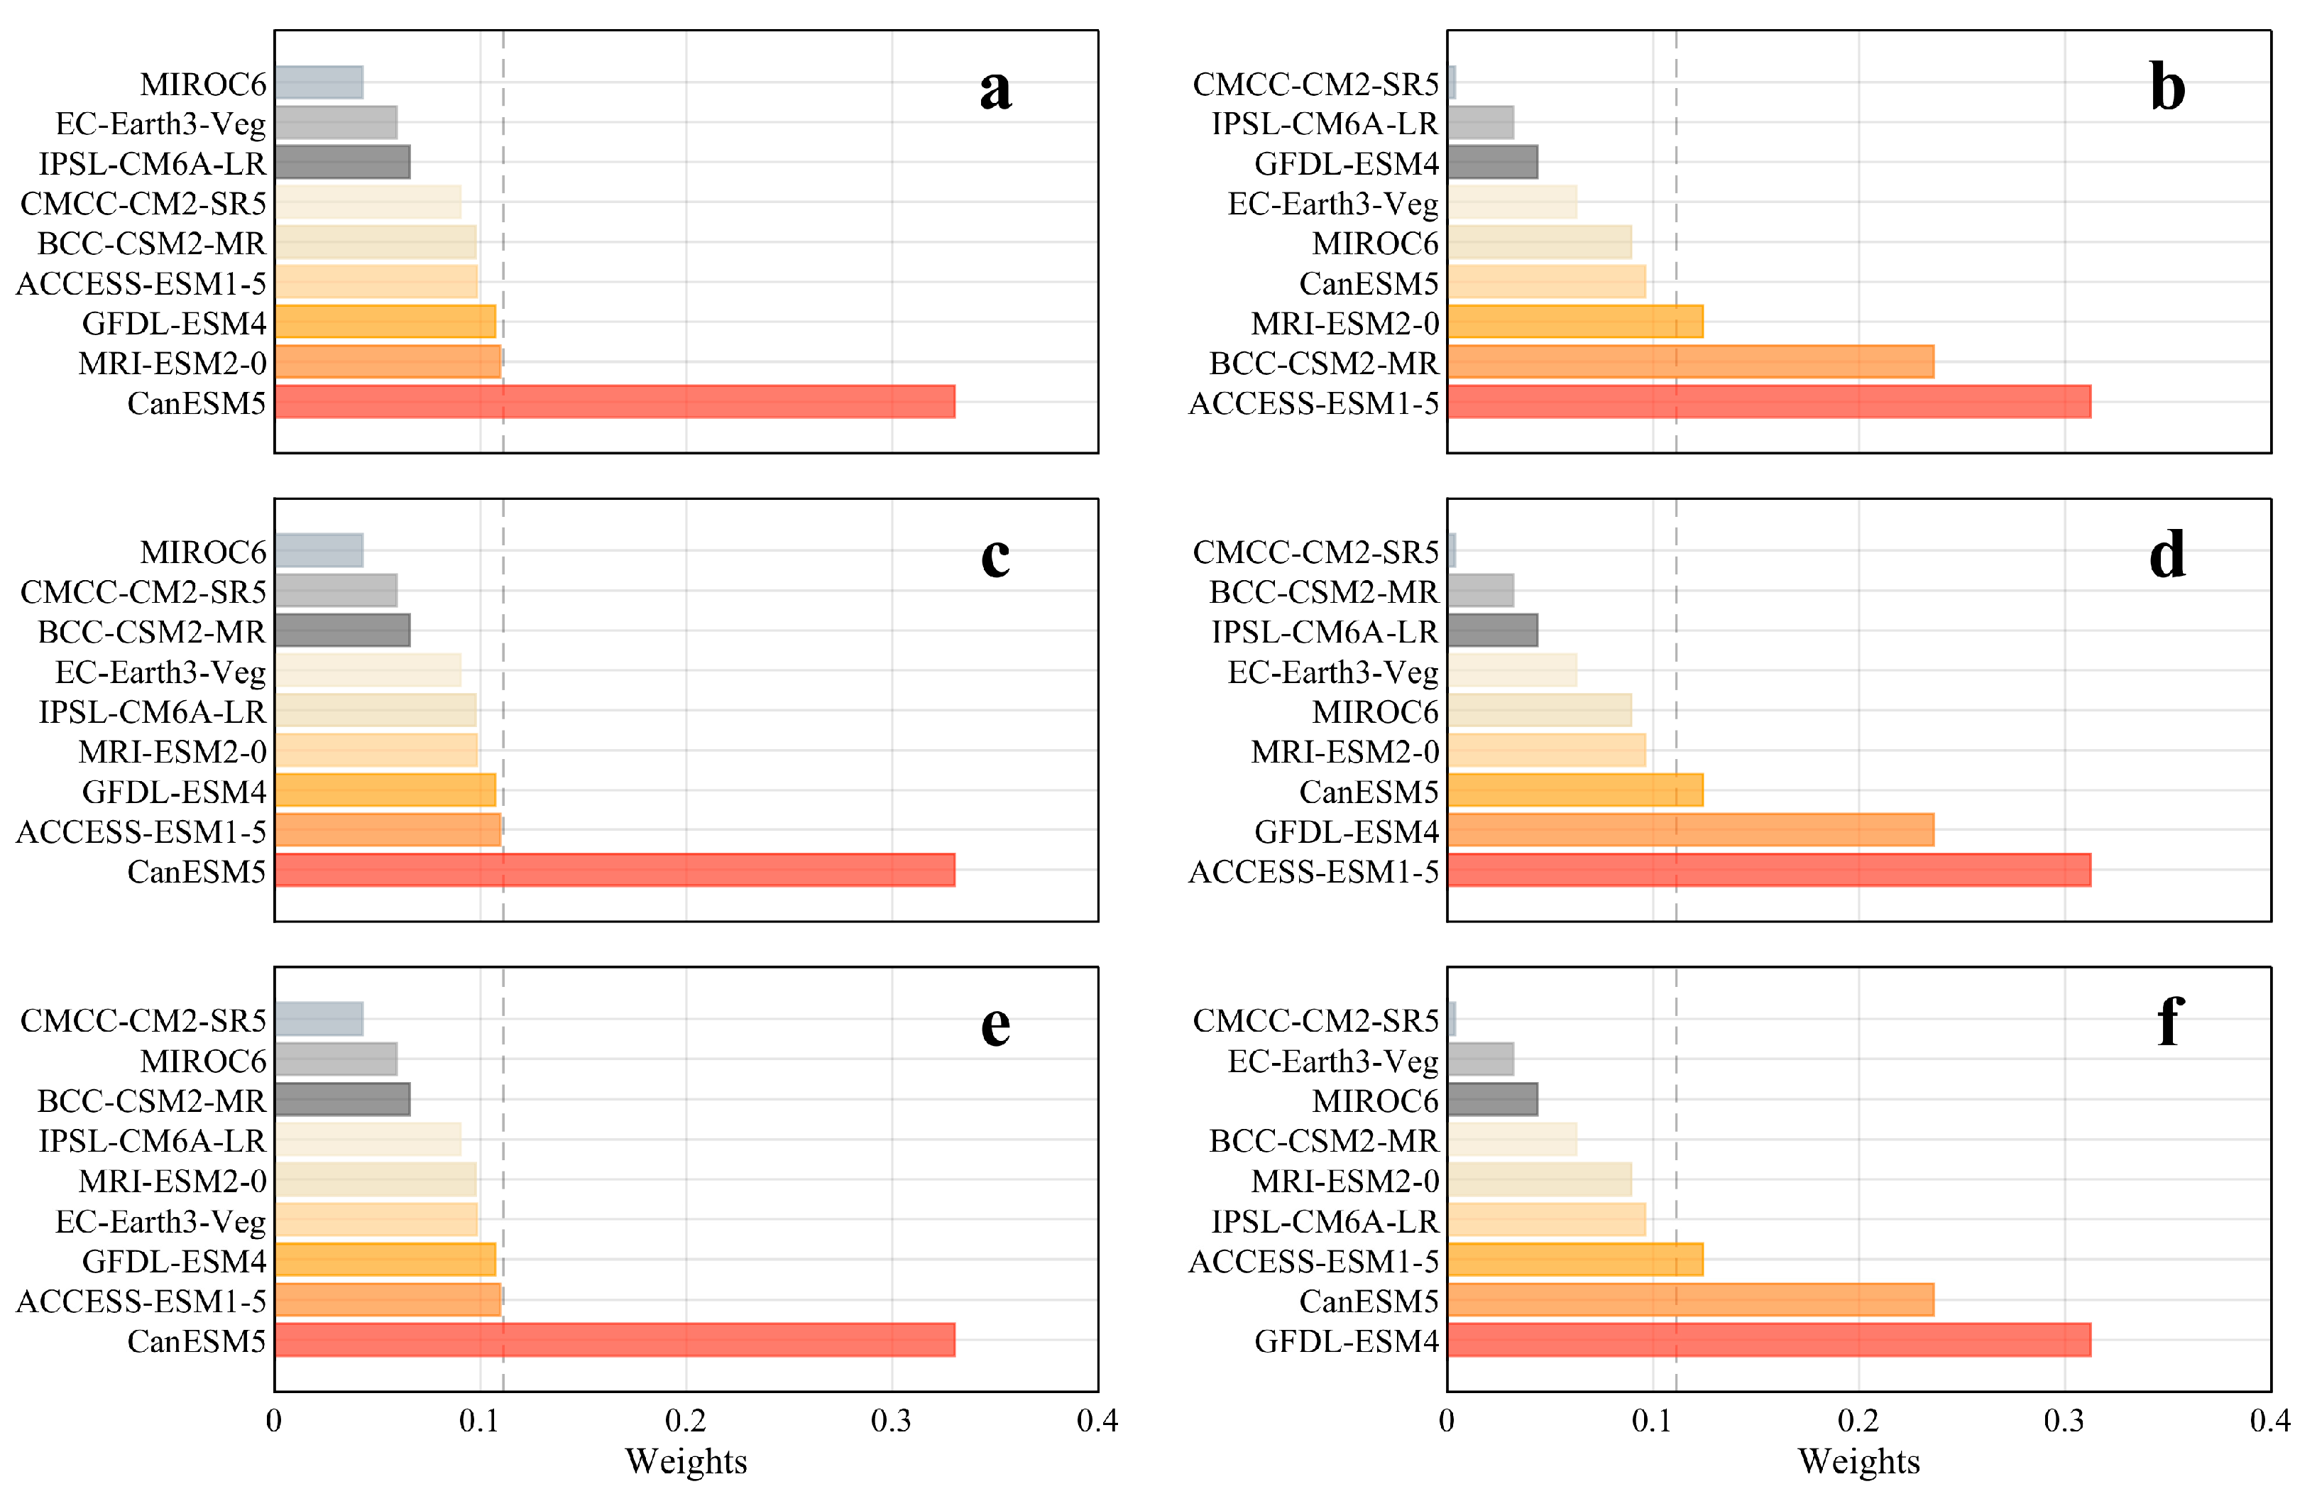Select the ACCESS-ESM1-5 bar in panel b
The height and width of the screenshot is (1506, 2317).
click(1768, 402)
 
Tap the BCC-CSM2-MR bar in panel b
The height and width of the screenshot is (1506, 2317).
click(1690, 362)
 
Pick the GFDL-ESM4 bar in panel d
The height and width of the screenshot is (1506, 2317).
click(1690, 830)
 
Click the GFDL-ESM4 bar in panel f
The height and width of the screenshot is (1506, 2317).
click(1768, 1341)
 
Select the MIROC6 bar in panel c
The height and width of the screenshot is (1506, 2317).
click(319, 551)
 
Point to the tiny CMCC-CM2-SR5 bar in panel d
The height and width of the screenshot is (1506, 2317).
click(1452, 551)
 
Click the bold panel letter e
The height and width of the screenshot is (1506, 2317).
click(995, 1025)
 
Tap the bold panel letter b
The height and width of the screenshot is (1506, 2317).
click(2167, 87)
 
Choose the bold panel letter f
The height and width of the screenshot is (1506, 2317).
click(2170, 1022)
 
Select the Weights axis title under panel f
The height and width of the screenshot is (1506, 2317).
click(1858, 1461)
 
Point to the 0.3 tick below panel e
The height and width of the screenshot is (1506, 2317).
click(891, 1422)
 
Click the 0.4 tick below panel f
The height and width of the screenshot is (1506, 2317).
click(2269, 1422)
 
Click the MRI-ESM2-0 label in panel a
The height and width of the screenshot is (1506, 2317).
click(172, 363)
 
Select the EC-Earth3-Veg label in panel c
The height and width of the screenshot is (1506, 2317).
click(160, 672)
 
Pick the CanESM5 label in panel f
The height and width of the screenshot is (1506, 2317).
click(1369, 1301)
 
